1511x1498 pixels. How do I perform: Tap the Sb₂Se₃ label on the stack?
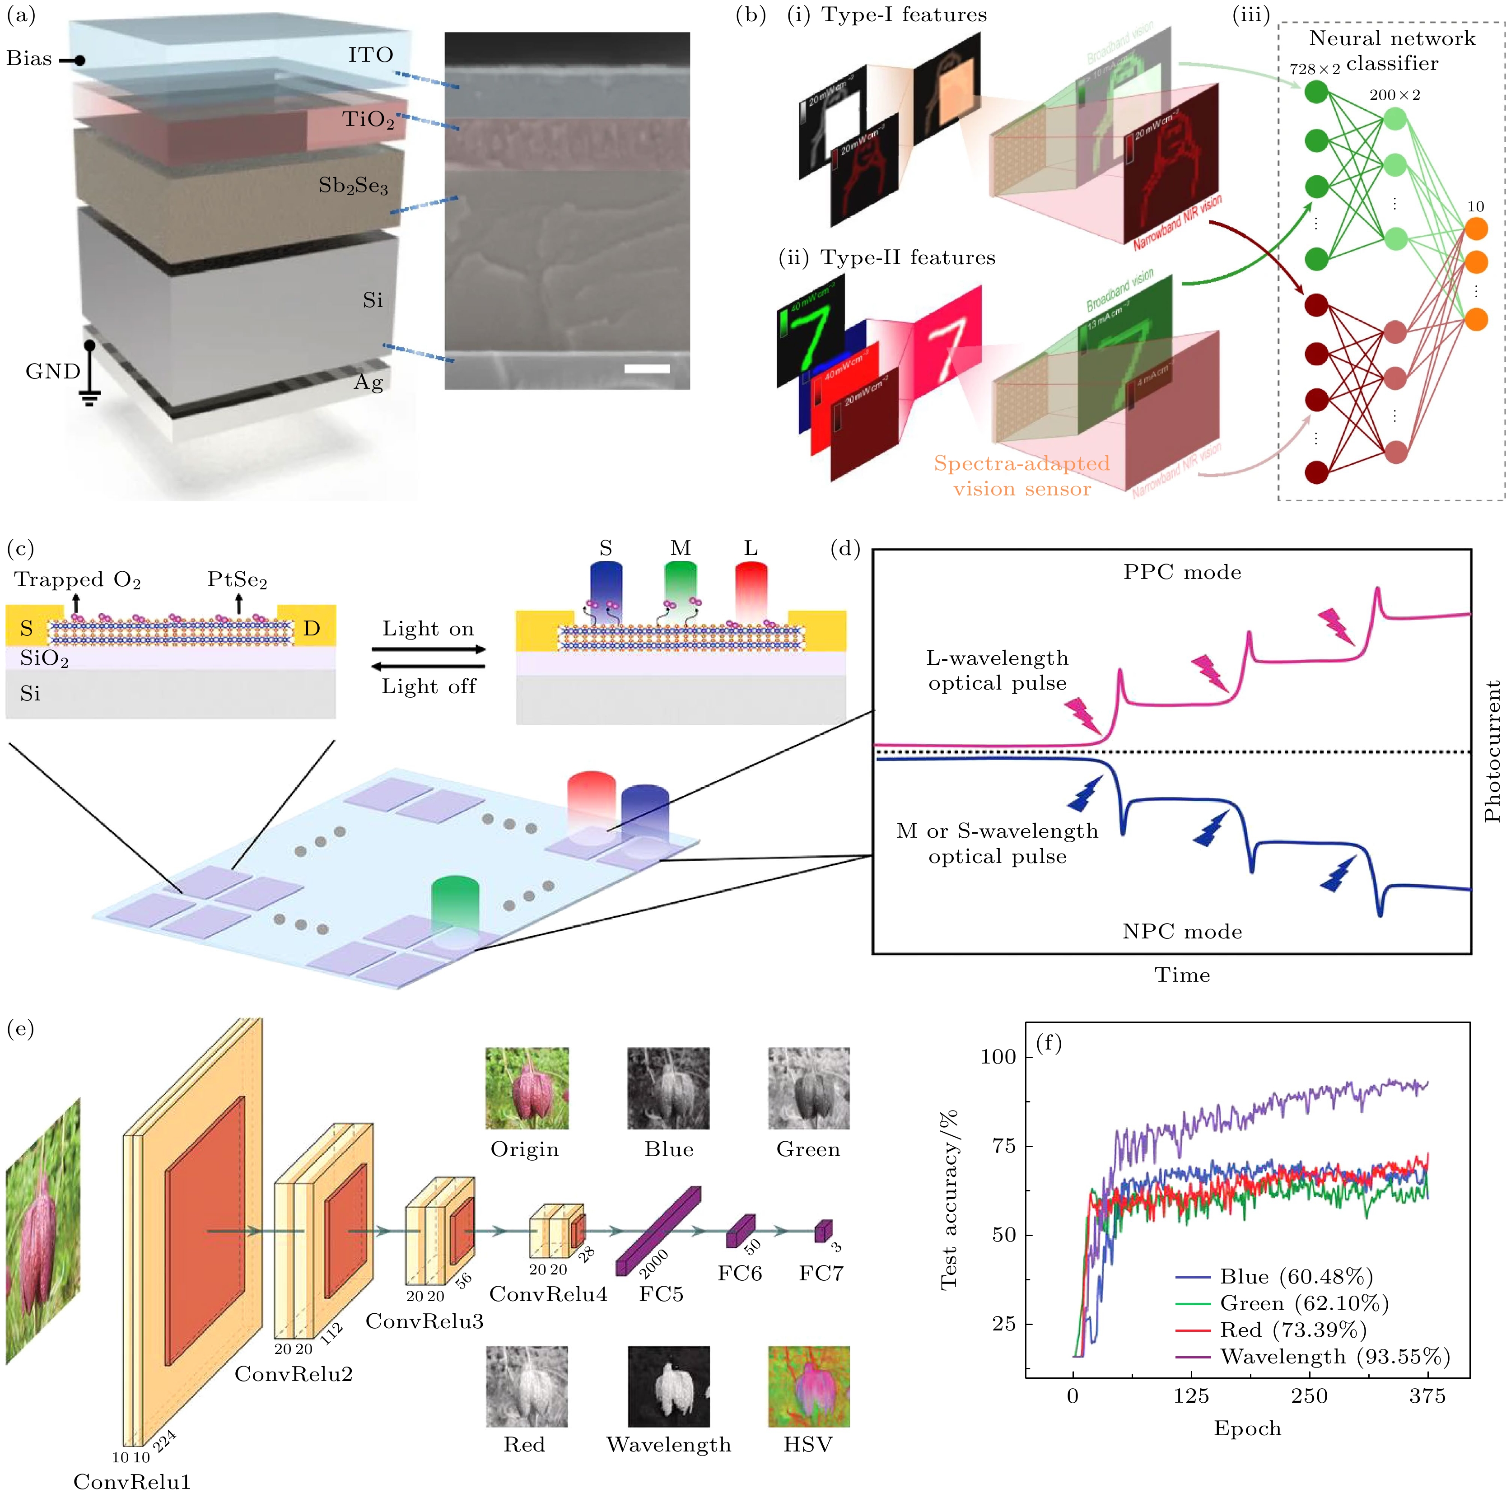click(353, 186)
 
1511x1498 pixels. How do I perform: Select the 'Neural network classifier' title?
click(1392, 50)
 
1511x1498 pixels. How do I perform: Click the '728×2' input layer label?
click(1315, 69)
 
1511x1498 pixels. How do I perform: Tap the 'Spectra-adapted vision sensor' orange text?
click(1021, 476)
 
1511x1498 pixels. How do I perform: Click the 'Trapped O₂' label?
click(77, 579)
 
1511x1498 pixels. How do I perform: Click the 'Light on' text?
click(428, 629)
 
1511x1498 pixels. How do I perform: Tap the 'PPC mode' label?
click(1182, 572)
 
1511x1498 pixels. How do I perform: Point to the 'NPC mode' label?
click(1182, 931)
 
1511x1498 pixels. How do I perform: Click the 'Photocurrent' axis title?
click(1492, 751)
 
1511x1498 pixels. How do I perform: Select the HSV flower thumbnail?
click(809, 1386)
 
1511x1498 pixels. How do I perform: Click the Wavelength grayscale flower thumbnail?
click(669, 1386)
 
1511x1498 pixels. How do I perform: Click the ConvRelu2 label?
click(293, 1374)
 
